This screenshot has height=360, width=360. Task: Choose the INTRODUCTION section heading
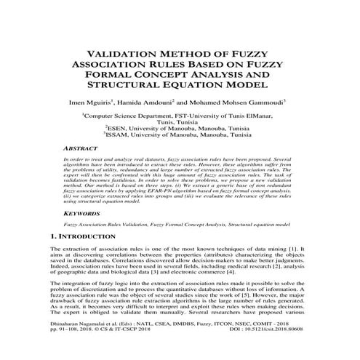tap(86, 238)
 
